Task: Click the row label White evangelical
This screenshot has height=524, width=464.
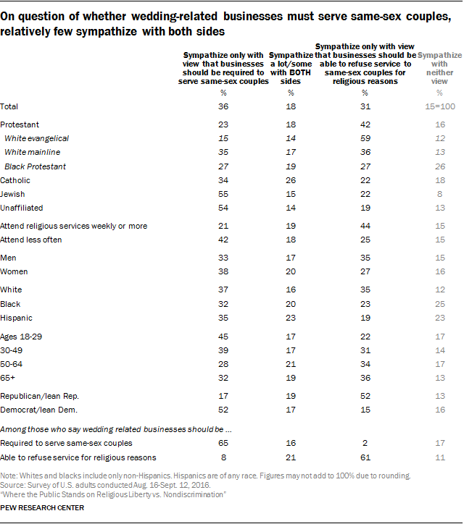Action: click(x=36, y=138)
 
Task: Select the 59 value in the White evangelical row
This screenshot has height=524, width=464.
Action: click(x=365, y=138)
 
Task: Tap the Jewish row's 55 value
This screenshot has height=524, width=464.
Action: click(x=223, y=194)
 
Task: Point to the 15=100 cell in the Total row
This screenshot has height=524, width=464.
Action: click(x=440, y=106)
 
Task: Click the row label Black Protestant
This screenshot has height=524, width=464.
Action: click(x=35, y=166)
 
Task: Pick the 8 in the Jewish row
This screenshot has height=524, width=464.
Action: click(x=440, y=194)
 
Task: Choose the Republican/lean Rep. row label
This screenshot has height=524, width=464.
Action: click(x=39, y=397)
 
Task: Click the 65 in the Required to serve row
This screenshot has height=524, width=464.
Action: click(x=223, y=443)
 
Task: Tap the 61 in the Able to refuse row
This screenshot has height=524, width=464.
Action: click(x=365, y=457)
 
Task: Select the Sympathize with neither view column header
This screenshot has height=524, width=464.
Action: click(x=439, y=68)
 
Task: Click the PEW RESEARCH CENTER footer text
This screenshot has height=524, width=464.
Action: click(x=42, y=508)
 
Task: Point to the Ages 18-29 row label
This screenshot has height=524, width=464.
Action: click(x=21, y=337)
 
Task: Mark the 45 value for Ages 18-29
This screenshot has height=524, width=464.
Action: click(x=223, y=337)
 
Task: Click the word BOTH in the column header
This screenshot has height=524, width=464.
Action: click(x=299, y=72)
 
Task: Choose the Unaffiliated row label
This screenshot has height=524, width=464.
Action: click(x=22, y=208)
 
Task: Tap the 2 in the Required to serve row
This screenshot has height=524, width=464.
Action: click(x=365, y=443)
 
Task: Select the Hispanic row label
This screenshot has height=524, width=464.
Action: click(x=16, y=318)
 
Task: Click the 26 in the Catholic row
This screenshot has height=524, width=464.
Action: click(x=291, y=180)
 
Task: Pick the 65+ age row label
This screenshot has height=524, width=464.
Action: click(x=8, y=378)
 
